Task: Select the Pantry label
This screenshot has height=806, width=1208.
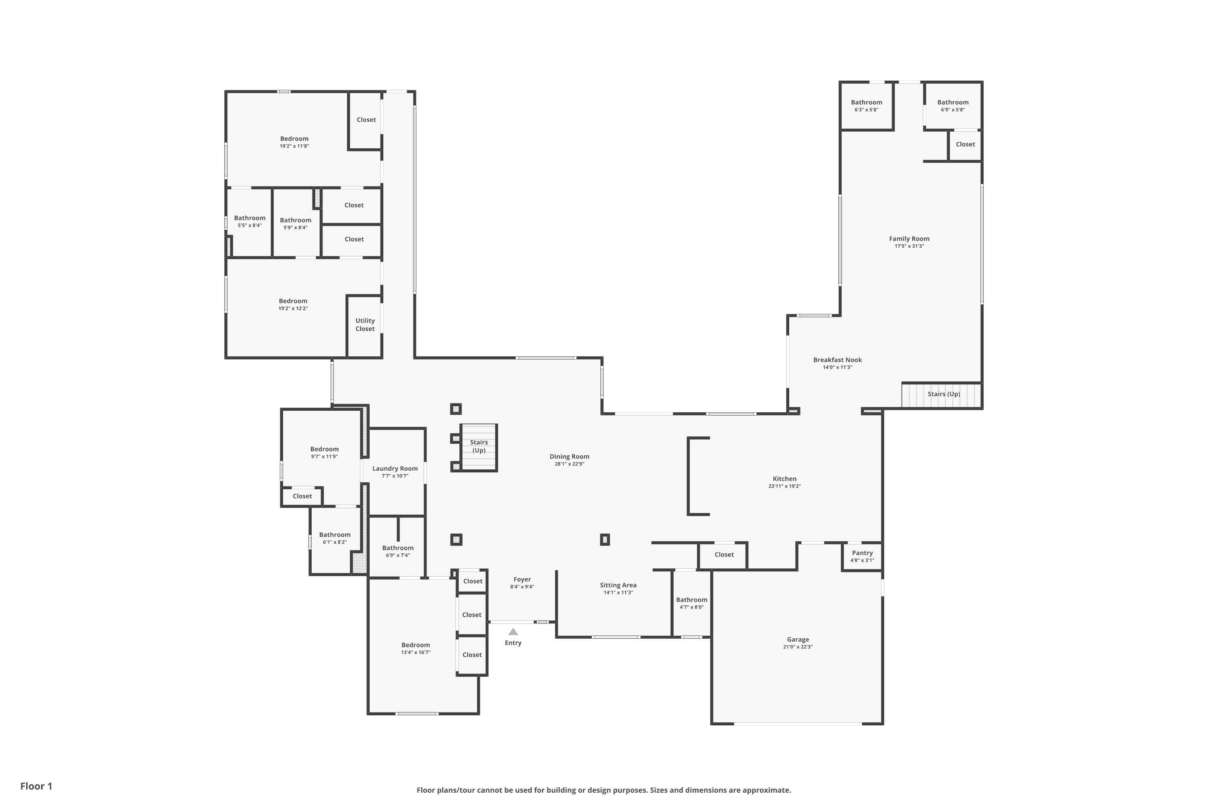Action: click(863, 553)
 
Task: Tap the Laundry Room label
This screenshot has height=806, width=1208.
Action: click(395, 469)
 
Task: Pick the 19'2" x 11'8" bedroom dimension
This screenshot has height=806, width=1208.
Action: click(294, 147)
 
